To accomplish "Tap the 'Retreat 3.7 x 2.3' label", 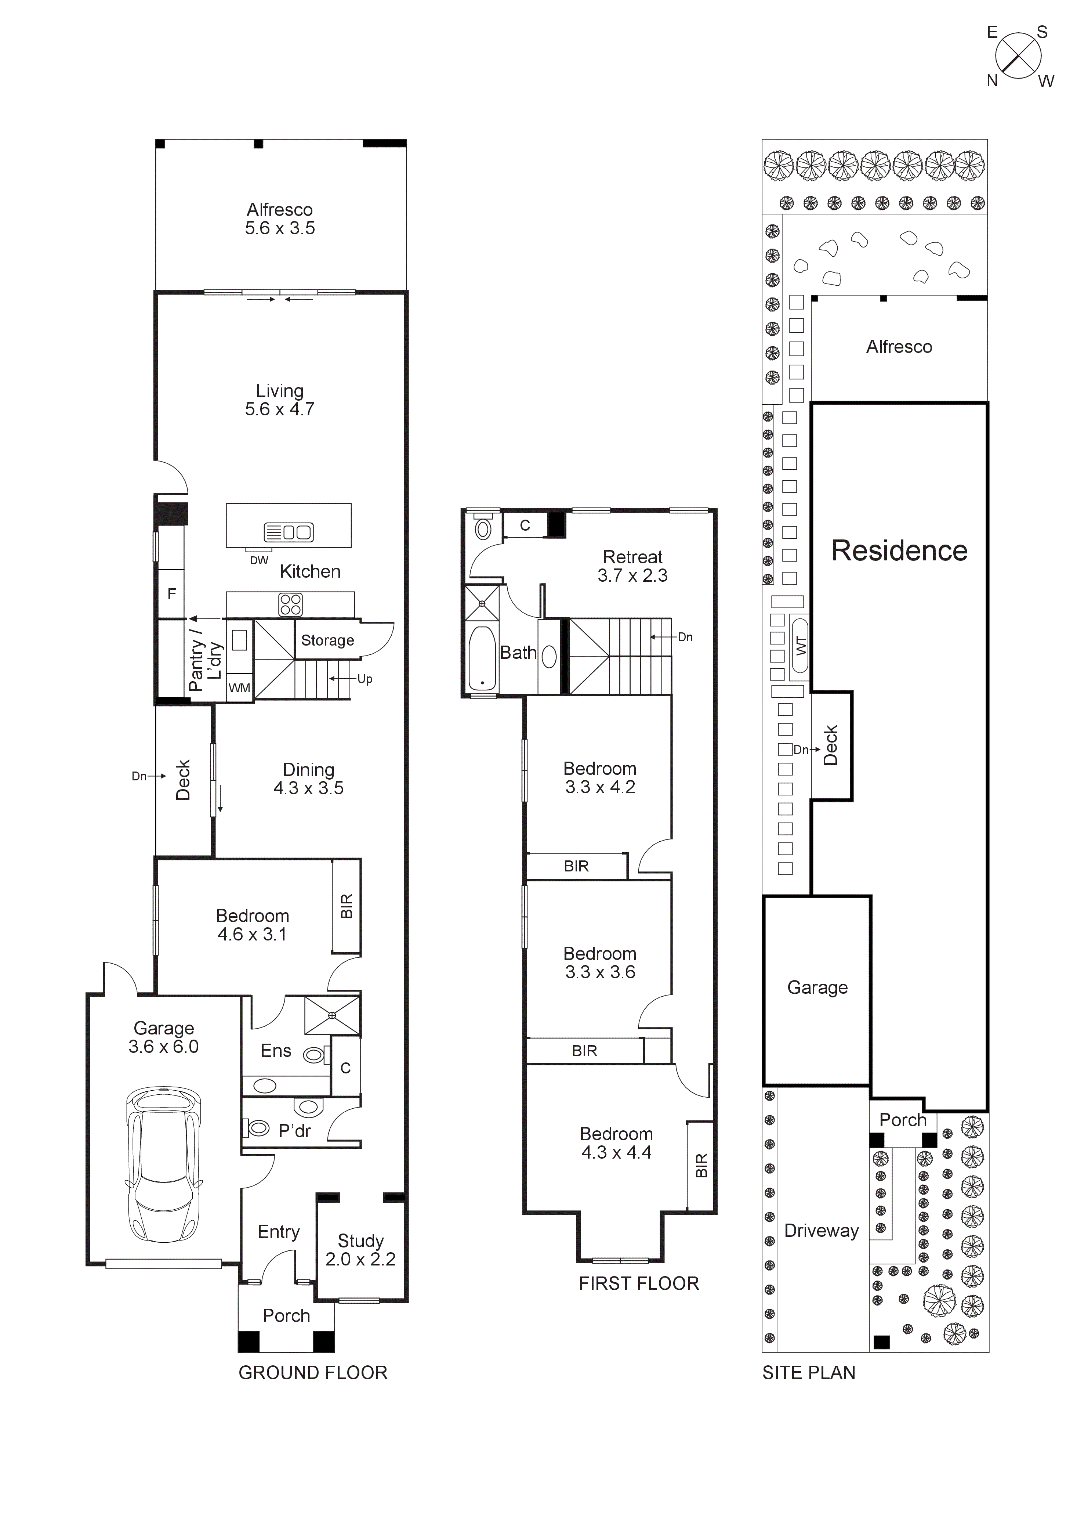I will point(632,566).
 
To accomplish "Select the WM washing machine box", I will point(240,688).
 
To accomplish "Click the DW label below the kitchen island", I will point(259,560).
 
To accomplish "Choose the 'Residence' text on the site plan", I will point(899,551).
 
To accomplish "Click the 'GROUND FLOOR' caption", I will point(312,1373).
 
